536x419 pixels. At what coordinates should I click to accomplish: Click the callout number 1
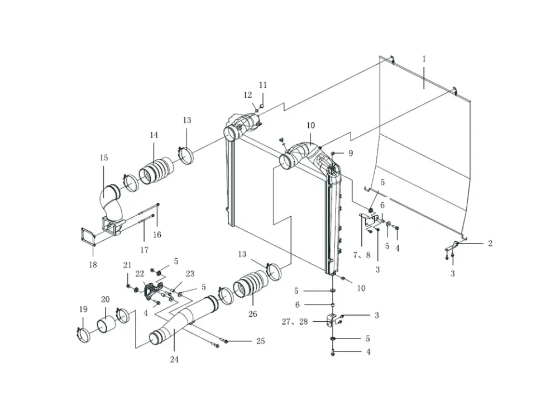[x=424, y=59]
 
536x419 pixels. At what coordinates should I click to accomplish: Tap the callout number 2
[x=490, y=243]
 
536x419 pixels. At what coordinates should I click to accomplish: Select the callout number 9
[x=351, y=153]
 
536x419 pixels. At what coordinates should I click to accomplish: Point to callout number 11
[x=262, y=85]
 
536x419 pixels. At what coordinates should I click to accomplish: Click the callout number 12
[x=248, y=95]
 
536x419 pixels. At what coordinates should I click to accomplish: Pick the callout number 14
[x=154, y=135]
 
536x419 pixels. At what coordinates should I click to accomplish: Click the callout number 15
[x=104, y=158]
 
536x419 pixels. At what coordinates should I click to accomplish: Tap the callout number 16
[x=157, y=235]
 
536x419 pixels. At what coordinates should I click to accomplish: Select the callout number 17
[x=144, y=250]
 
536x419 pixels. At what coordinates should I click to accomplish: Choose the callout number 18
[x=93, y=264]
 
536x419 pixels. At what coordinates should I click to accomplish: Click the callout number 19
[x=83, y=309]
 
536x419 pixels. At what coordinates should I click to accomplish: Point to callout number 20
[x=106, y=299]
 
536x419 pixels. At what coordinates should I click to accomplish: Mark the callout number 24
[x=174, y=359]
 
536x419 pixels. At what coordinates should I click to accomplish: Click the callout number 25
[x=261, y=341]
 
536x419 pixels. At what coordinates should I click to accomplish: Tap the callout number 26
[x=252, y=314]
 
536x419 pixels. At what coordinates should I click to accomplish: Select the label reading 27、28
[x=295, y=322]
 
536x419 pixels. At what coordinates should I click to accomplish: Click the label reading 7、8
[x=362, y=255]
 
